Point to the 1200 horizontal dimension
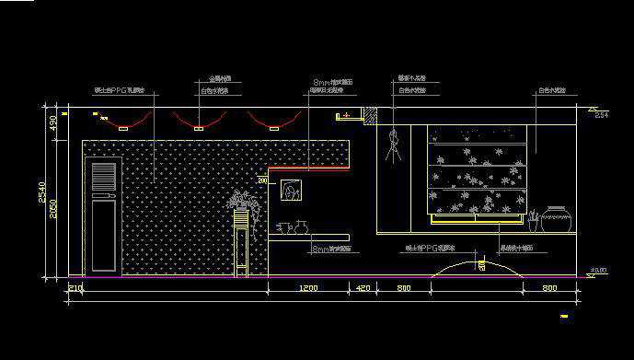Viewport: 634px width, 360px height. click(x=307, y=288)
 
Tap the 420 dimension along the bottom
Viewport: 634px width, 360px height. click(x=363, y=288)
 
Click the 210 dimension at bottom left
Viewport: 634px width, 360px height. click(x=75, y=288)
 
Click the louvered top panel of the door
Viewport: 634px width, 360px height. click(x=103, y=179)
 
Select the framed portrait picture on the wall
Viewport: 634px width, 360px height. click(x=292, y=192)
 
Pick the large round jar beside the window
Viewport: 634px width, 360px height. click(x=557, y=219)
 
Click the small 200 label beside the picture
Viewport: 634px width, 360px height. click(x=262, y=182)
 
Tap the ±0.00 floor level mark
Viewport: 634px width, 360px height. click(x=598, y=271)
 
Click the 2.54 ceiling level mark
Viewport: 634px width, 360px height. click(x=601, y=115)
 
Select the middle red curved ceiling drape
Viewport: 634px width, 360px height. click(x=197, y=122)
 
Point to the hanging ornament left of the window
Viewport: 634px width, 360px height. click(x=395, y=145)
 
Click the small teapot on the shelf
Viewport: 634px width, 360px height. click(x=299, y=226)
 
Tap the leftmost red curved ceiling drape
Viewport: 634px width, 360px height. click(x=123, y=122)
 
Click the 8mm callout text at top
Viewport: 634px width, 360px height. click(x=332, y=83)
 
